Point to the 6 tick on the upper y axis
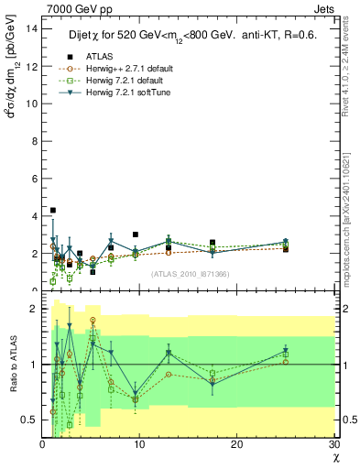pos(35,179)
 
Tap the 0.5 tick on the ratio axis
pos(29,420)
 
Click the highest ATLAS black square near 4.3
pos(53,210)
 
